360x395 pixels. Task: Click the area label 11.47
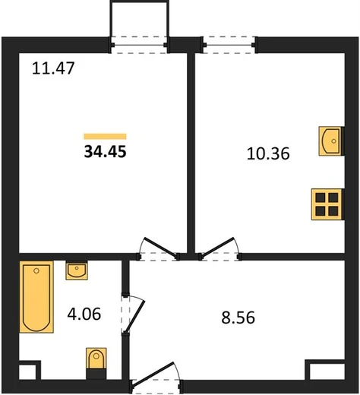[x=53, y=68]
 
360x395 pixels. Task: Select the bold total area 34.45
[x=105, y=152]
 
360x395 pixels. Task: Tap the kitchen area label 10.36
[x=268, y=153]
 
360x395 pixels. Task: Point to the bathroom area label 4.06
[x=84, y=314]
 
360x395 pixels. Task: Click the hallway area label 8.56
[x=238, y=318]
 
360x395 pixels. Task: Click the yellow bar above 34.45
[x=105, y=137]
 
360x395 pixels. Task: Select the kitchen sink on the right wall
[x=330, y=141]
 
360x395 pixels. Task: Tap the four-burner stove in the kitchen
[x=327, y=204]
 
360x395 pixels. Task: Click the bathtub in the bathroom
[x=36, y=297]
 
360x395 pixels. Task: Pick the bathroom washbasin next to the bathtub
[x=77, y=271]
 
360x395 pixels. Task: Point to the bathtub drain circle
[x=36, y=271]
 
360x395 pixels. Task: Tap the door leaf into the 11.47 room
[x=160, y=247]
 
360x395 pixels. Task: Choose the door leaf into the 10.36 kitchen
[x=218, y=247]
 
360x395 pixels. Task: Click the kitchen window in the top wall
[x=229, y=45]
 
